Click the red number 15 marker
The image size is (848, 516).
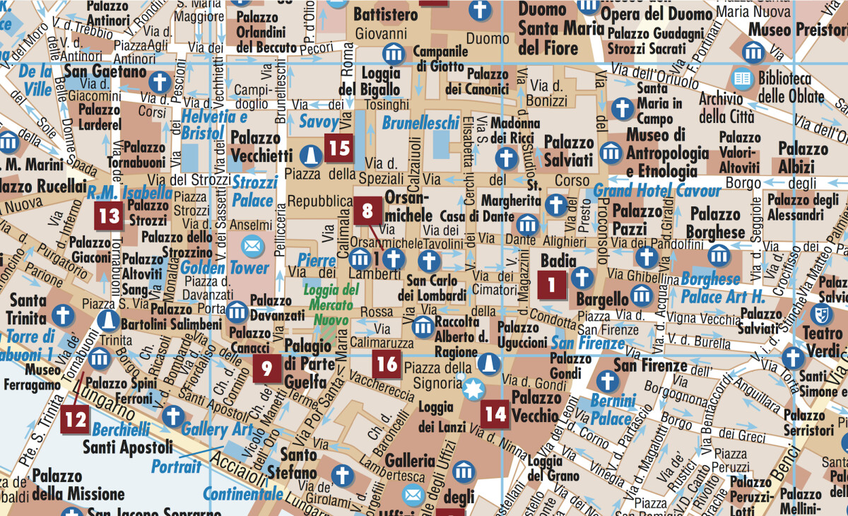[x=340, y=148]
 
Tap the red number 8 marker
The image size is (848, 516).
[x=367, y=211]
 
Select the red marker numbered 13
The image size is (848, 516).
[x=110, y=215]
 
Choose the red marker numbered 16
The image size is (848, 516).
[x=387, y=364]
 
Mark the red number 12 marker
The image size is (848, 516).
[x=74, y=420]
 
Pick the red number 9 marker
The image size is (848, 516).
[x=266, y=368]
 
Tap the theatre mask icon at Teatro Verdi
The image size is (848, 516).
[x=820, y=313]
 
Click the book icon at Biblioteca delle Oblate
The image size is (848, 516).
[x=742, y=78]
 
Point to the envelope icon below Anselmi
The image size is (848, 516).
[x=251, y=246]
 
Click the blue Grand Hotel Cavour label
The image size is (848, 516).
[x=656, y=190]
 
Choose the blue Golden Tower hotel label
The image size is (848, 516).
[x=224, y=268]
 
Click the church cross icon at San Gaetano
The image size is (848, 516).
[x=161, y=78]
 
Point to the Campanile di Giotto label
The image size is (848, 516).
[x=440, y=59]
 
